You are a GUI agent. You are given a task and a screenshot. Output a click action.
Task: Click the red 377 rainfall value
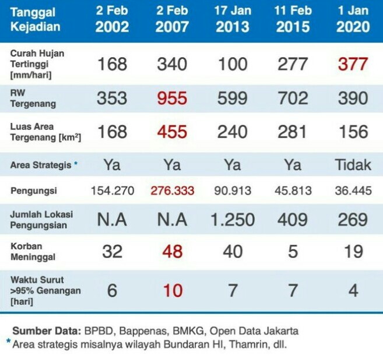coord(353,63)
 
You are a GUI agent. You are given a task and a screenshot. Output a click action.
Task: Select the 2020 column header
coord(353,20)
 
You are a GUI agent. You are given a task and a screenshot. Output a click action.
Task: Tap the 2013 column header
coord(232,20)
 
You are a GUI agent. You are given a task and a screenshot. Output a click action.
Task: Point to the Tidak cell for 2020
coord(353,165)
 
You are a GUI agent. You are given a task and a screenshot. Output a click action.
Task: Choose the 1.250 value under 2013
coord(232,219)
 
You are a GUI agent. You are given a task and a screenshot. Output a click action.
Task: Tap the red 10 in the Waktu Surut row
coord(172,290)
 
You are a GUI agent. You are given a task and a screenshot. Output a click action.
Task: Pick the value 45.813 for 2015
coord(293,190)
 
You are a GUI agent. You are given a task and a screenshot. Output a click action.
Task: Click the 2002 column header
coord(112,20)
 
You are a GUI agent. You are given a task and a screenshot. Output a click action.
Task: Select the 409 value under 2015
coord(293,219)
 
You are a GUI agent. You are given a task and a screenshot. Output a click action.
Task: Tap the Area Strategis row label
coord(40,165)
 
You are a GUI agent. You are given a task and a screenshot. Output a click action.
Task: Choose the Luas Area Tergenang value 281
coord(293,132)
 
